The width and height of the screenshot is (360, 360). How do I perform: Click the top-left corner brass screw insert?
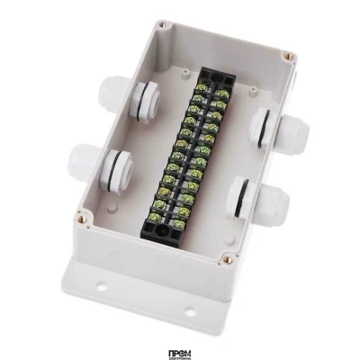tap(161, 26)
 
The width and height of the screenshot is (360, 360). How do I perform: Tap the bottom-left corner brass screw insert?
tap(84, 217)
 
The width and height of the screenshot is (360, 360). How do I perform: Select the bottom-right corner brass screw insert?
tap(226, 259)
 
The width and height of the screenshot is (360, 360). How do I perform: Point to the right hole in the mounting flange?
tap(190, 314)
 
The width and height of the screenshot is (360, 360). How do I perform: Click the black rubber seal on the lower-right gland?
tap(241, 198)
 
